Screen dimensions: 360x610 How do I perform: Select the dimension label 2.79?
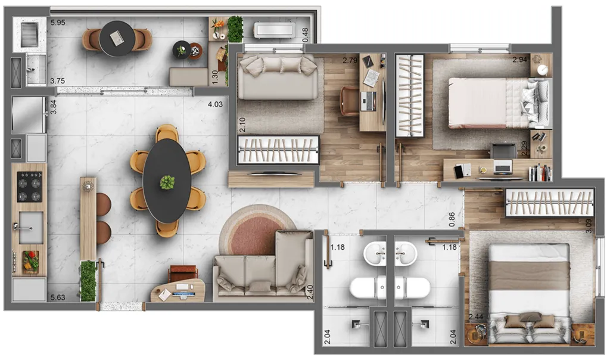(350, 60)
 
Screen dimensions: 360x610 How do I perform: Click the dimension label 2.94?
(521, 60)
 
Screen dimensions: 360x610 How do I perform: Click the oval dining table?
(167, 181)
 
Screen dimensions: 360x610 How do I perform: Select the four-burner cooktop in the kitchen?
(29, 187)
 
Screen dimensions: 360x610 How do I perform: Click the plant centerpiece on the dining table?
(167, 182)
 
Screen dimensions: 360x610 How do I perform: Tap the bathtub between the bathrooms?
(390, 288)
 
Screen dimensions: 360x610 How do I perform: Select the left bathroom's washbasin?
(375, 255)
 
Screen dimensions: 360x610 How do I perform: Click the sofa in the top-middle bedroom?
(278, 78)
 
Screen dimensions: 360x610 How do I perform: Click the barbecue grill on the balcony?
(29, 35)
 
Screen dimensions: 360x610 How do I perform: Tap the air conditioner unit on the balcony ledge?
(274, 29)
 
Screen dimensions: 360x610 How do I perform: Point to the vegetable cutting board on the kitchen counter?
(30, 261)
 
